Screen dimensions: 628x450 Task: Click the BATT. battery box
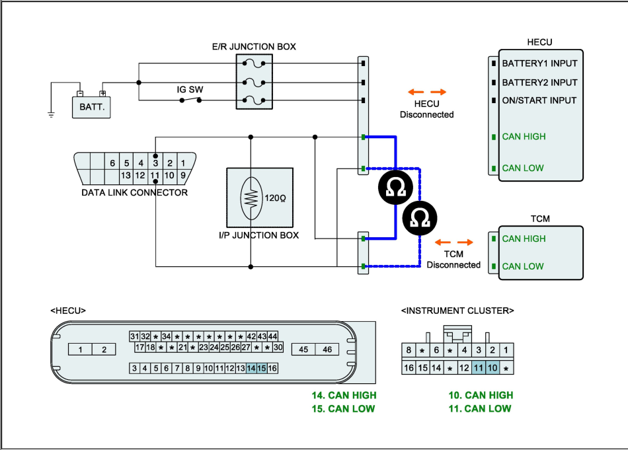[91, 107]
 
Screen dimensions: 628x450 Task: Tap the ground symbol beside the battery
[51, 115]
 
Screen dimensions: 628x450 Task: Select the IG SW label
[190, 90]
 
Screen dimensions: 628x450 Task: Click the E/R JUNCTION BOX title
[254, 47]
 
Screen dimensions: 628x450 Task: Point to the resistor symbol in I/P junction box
[251, 198]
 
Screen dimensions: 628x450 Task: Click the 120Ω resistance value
[275, 198]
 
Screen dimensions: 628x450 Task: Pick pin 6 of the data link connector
[112, 163]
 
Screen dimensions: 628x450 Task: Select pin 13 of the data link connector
[126, 175]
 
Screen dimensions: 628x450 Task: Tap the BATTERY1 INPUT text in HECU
[539, 63]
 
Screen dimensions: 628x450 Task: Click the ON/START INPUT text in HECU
[539, 100]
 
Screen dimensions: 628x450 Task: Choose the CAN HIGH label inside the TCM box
[524, 239]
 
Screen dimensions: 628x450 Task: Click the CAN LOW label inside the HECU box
[523, 168]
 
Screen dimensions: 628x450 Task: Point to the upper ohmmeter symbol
[396, 188]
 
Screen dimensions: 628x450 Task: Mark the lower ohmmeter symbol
[420, 218]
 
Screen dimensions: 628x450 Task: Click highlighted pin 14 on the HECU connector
[251, 368]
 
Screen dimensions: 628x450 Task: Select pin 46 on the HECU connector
[327, 350]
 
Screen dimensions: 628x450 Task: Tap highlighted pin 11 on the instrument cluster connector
[478, 368]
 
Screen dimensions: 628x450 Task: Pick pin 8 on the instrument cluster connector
[409, 350]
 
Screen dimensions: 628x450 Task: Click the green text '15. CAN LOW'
[343, 409]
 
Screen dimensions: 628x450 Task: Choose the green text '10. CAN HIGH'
[481, 395]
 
